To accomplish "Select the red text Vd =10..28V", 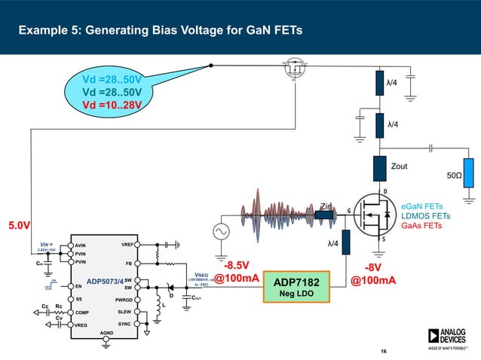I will pyautogui.click(x=111, y=104).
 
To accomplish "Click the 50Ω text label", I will pyautogui.click(x=455, y=174).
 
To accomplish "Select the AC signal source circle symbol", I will pyautogui.click(x=223, y=232).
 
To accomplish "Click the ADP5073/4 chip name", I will pyautogui.click(x=105, y=281).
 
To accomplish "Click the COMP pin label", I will pyautogui.click(x=82, y=311).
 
